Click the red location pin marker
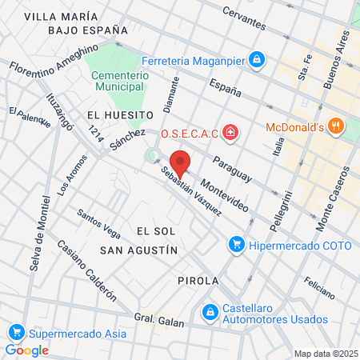click(x=180, y=162)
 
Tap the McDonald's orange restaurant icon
click(x=336, y=126)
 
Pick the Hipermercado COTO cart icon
click(x=236, y=244)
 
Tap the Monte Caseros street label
click(x=334, y=199)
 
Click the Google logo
click(x=27, y=350)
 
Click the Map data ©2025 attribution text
click(x=325, y=354)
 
